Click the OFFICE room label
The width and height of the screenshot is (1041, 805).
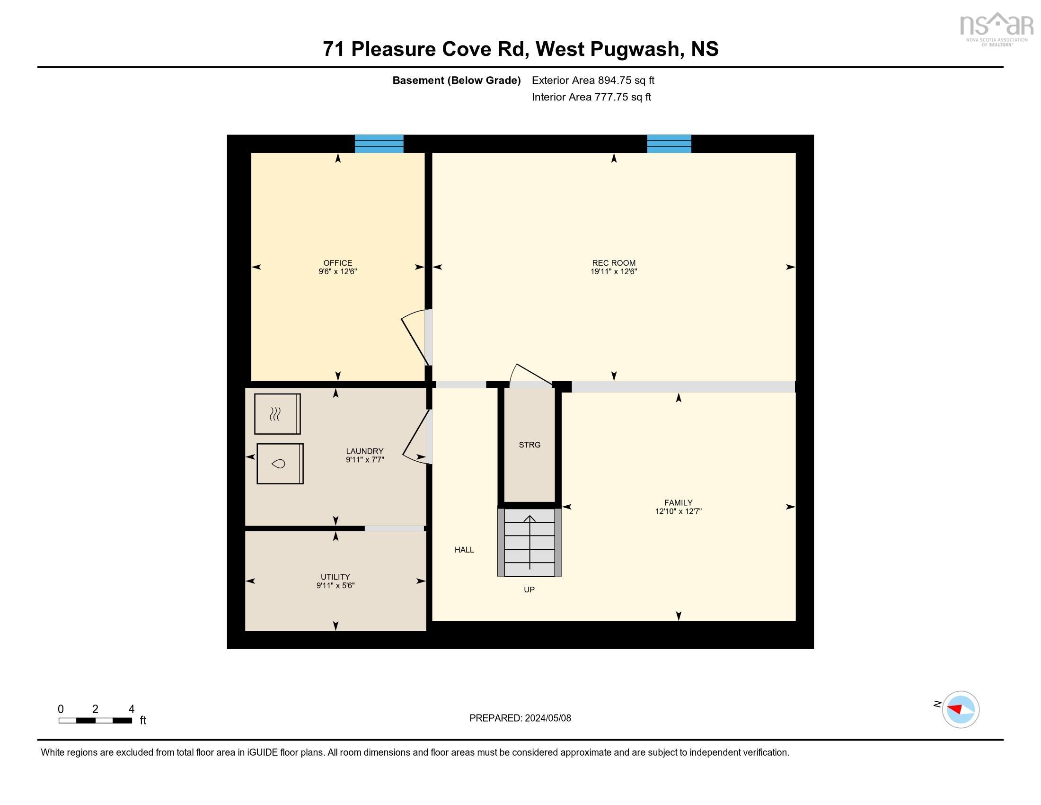(x=337, y=263)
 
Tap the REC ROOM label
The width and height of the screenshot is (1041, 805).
(x=613, y=263)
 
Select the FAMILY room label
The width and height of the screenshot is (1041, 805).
(x=678, y=502)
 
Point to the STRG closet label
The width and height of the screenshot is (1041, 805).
(x=529, y=445)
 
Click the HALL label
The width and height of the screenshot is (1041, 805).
(x=464, y=550)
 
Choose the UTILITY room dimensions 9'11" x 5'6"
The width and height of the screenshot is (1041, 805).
(x=335, y=586)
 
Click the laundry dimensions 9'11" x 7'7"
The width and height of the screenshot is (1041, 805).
(x=365, y=460)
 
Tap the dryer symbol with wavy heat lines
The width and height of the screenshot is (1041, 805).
(x=277, y=414)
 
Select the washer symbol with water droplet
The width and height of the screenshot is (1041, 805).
(x=280, y=464)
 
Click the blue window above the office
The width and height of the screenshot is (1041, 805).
(x=379, y=143)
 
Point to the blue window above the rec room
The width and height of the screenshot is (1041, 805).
(x=669, y=143)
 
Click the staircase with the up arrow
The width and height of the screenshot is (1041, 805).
(x=529, y=542)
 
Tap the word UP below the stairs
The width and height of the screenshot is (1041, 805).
(x=529, y=590)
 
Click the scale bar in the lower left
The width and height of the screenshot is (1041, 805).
(x=95, y=721)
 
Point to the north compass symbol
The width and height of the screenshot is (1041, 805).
(x=961, y=709)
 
